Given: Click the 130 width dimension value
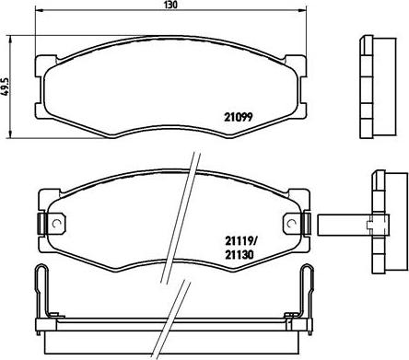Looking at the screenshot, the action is (170, 5).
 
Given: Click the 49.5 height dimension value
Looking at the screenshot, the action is (6, 87).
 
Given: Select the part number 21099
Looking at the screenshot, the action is (238, 117).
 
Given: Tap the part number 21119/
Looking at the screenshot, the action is (240, 241).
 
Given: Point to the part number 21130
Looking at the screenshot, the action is (240, 255).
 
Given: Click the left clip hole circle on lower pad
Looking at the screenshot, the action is (56, 224).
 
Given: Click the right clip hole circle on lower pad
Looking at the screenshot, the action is (290, 224).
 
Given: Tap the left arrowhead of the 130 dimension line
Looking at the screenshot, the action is (39, 11).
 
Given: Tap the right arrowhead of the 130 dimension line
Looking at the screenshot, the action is (303, 11).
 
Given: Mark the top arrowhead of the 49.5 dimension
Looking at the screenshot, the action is (10, 39).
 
